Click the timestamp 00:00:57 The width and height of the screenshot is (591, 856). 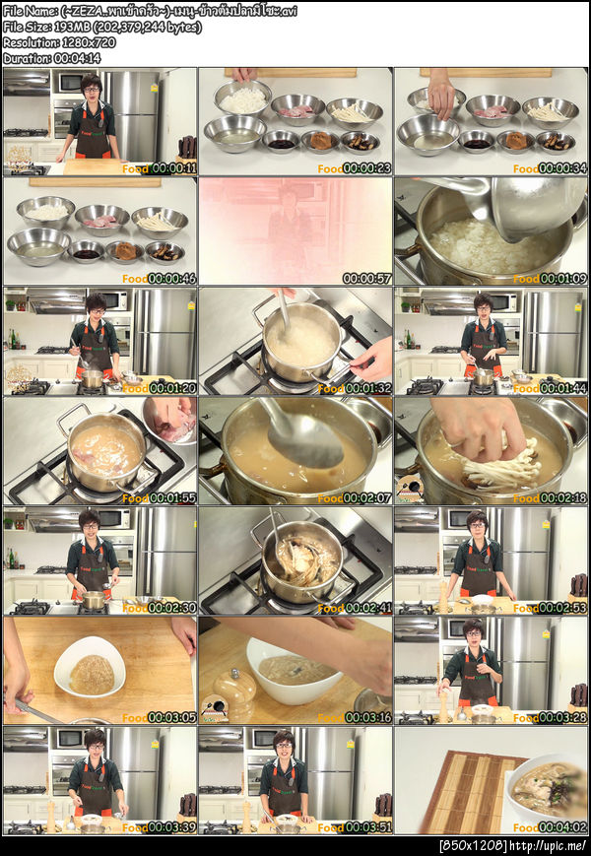(366, 279)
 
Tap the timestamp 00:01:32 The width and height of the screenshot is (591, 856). (366, 388)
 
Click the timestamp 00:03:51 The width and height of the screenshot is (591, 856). (366, 828)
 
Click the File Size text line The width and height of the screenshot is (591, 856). (101, 27)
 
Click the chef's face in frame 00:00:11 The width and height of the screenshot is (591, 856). (91, 87)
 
